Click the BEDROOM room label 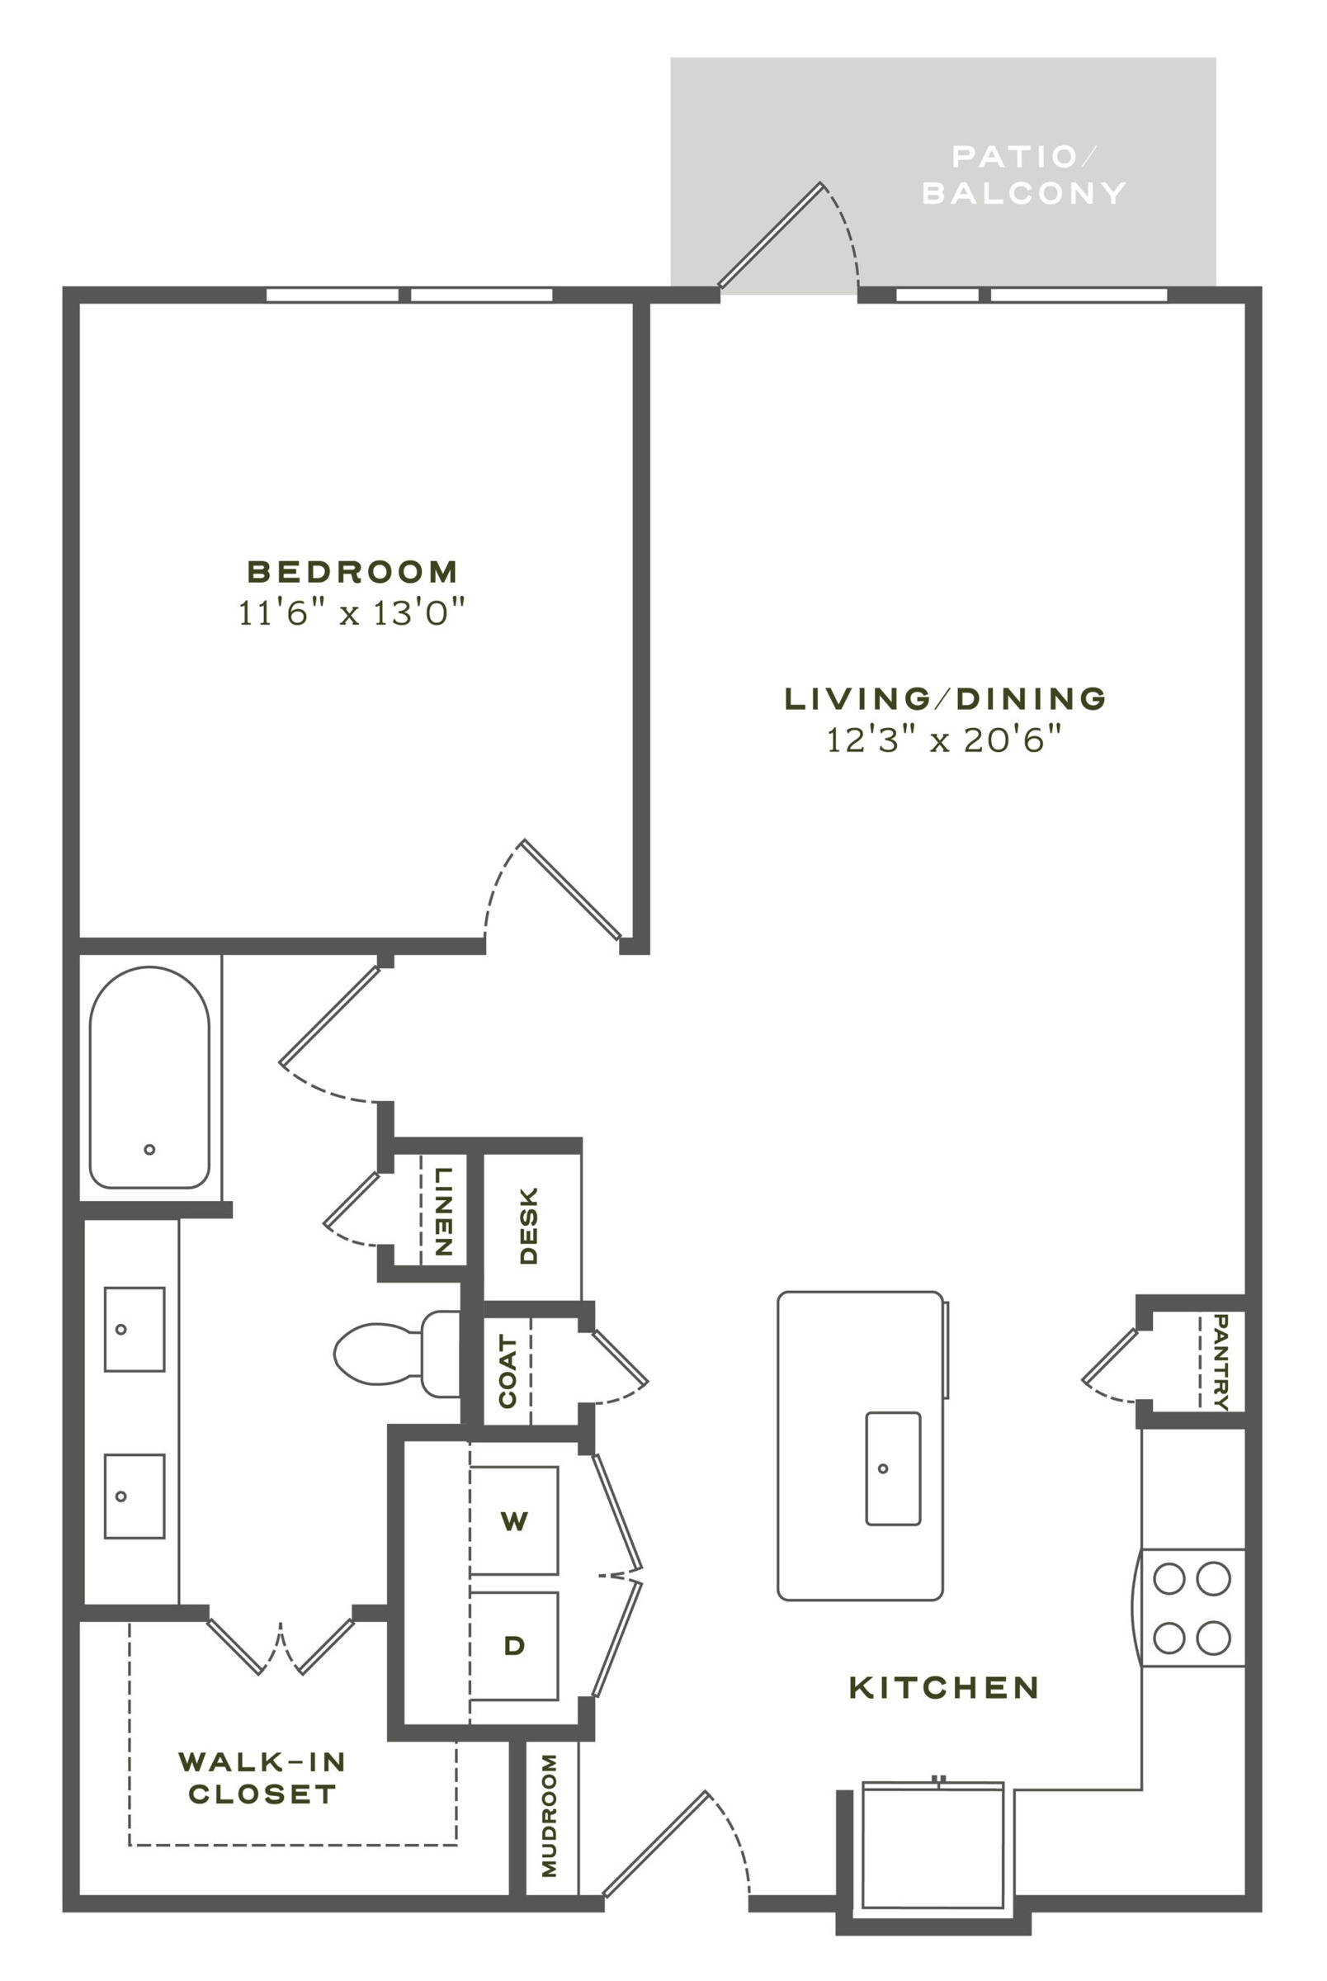352,571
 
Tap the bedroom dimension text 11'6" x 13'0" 352,612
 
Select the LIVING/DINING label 945,698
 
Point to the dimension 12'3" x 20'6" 943,740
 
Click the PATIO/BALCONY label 1024,175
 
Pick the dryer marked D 513,1645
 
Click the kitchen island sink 893,1468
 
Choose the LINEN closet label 443,1211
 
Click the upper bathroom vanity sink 135,1330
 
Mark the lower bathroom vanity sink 135,1496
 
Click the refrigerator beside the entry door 933,1848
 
